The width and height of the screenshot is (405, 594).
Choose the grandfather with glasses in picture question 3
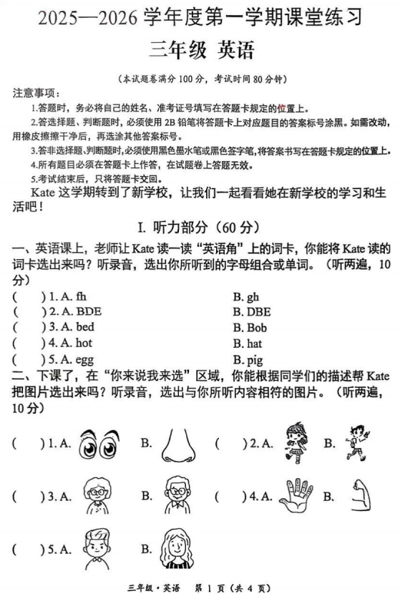[177, 496]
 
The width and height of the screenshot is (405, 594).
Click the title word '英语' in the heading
[230, 52]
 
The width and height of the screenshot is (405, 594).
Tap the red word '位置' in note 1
[295, 108]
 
